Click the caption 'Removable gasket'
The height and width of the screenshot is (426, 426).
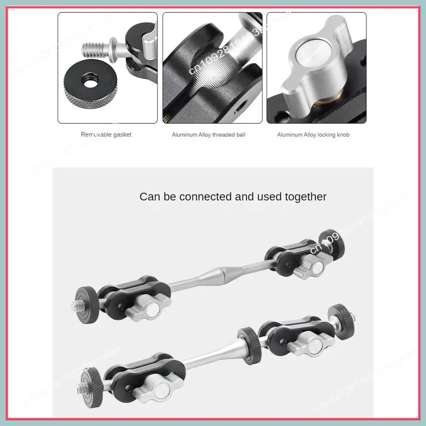coord(106,134)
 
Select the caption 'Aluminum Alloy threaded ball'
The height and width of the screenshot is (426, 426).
coord(209,135)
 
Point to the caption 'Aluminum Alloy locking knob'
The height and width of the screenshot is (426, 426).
coord(313,135)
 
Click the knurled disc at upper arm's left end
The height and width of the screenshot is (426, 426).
coord(86,300)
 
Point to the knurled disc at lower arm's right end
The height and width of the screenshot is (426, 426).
coord(343,321)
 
